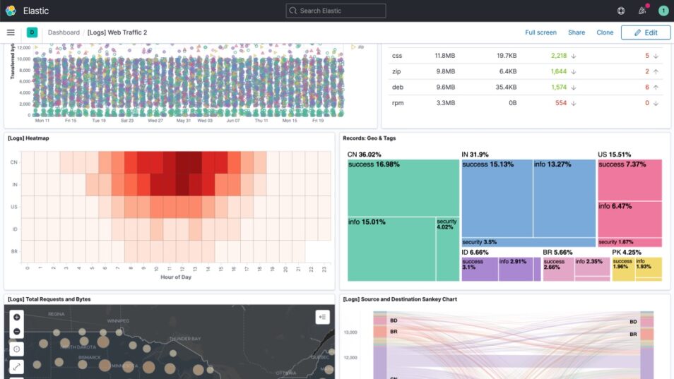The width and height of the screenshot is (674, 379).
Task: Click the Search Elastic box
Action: (336, 11)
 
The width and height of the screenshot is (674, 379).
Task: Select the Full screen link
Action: (540, 32)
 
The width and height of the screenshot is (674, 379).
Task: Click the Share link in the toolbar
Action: (577, 32)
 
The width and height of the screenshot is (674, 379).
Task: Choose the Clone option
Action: (605, 32)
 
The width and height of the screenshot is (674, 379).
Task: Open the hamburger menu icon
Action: (11, 32)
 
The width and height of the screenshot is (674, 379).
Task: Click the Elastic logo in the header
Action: (11, 11)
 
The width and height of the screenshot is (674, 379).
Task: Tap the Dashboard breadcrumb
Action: (64, 32)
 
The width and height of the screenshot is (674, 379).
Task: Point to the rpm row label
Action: (398, 103)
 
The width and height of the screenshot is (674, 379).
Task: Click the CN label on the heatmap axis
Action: (13, 162)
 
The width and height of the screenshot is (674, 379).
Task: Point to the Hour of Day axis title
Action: (176, 277)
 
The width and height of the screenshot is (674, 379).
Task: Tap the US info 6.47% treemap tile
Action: (629, 219)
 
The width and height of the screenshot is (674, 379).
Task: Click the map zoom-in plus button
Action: (17, 317)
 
